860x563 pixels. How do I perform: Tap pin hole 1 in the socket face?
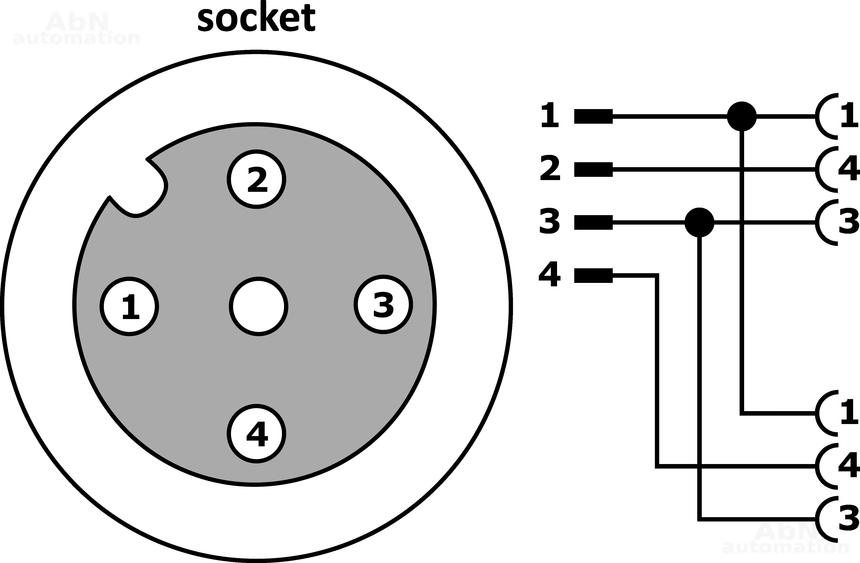click(x=129, y=306)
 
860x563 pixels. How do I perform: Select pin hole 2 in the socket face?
click(x=256, y=179)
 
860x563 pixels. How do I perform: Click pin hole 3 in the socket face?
click(x=383, y=304)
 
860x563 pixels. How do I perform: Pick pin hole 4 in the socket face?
click(x=256, y=433)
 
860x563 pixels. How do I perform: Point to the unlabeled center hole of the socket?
click(x=258, y=306)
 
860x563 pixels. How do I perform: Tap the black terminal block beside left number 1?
click(x=593, y=116)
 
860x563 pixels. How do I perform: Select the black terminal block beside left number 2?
click(x=593, y=169)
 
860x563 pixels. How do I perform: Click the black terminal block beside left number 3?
click(x=593, y=222)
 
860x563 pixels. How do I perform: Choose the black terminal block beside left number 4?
click(x=593, y=276)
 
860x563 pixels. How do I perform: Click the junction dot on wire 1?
click(x=742, y=116)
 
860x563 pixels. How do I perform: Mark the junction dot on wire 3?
click(x=699, y=222)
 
